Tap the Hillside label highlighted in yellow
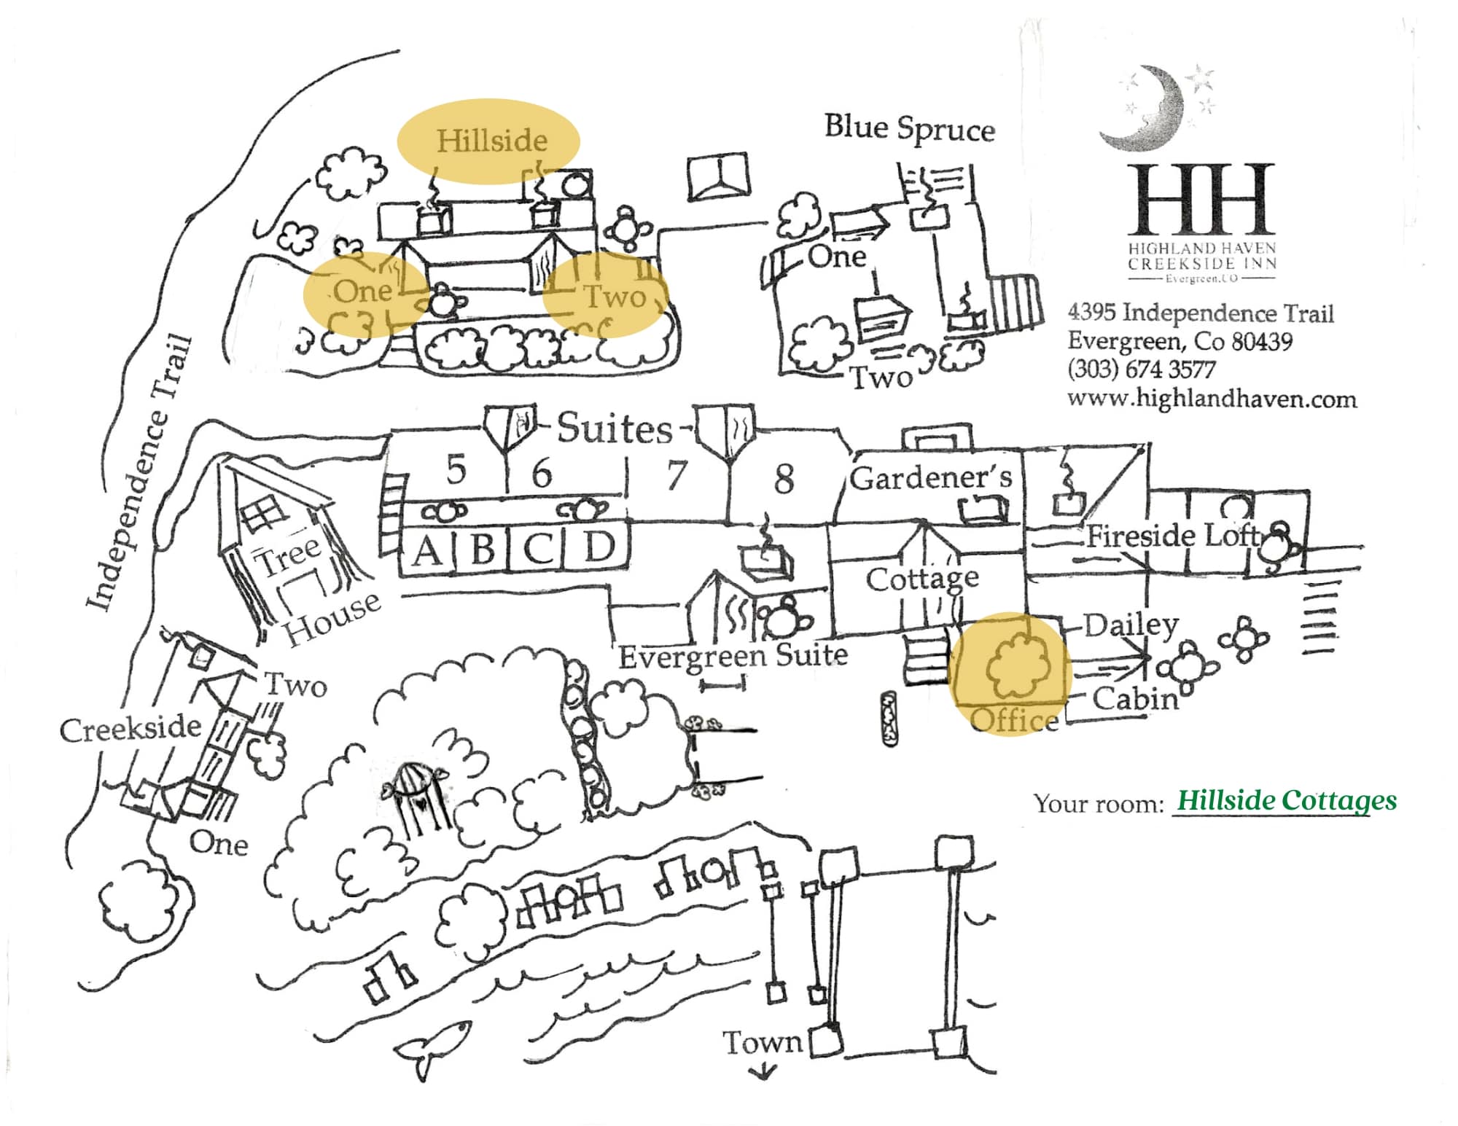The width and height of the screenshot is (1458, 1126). pos(491,140)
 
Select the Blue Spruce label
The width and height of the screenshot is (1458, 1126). pos(909,128)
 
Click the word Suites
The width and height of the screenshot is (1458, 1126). pos(615,429)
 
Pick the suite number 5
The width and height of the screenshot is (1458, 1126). pos(456,469)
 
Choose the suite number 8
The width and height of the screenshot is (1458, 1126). pos(784,479)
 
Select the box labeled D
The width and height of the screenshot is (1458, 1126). pos(599,548)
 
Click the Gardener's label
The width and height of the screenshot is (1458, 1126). pos(931,478)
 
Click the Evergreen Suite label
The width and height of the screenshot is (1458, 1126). pos(733,656)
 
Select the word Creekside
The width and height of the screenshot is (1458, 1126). pos(130,729)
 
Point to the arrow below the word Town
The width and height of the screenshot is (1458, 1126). pos(763,1071)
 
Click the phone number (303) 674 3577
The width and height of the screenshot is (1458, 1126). pos(1141,370)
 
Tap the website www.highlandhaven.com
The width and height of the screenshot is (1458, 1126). pos(1212,399)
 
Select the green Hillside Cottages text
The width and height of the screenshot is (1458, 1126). pos(1287,801)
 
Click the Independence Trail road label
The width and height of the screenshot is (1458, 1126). pos(138,474)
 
